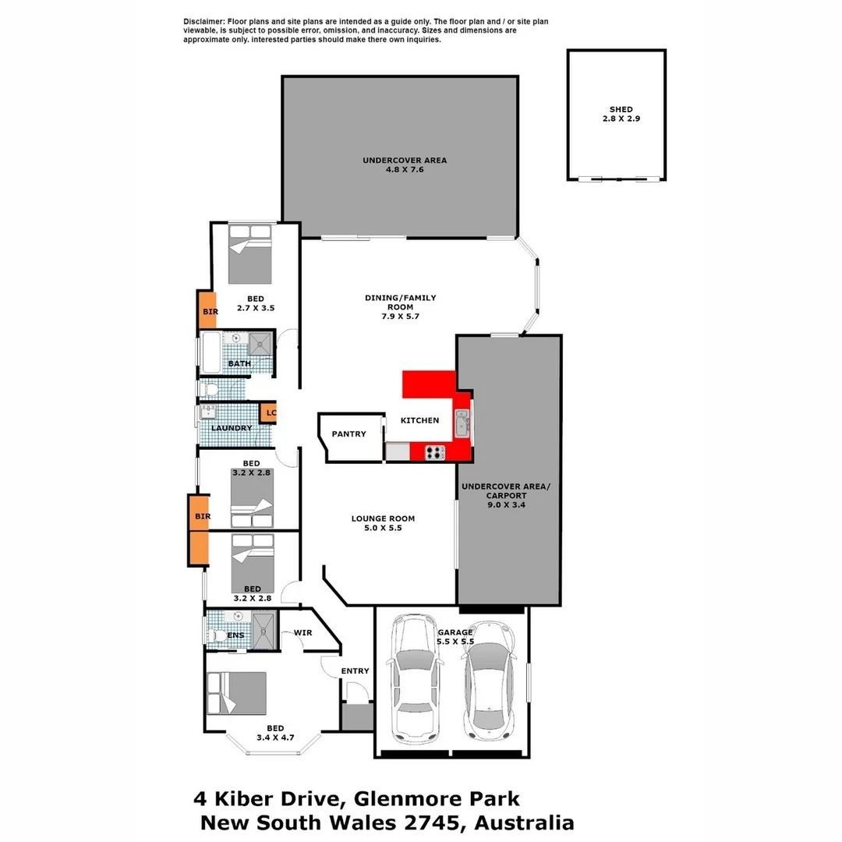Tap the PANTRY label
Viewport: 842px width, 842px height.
(348, 434)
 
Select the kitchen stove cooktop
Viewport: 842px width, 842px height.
(434, 451)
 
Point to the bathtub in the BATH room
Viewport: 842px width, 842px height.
(212, 352)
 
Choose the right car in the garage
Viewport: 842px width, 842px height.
(489, 680)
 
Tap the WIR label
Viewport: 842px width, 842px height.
(302, 632)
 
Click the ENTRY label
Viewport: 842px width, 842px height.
(355, 670)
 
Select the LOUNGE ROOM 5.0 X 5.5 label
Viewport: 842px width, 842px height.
(383, 523)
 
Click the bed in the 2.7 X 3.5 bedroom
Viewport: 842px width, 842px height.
(250, 254)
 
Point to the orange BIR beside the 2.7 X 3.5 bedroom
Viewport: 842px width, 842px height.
(207, 310)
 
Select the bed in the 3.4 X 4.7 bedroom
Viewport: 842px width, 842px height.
(237, 693)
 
